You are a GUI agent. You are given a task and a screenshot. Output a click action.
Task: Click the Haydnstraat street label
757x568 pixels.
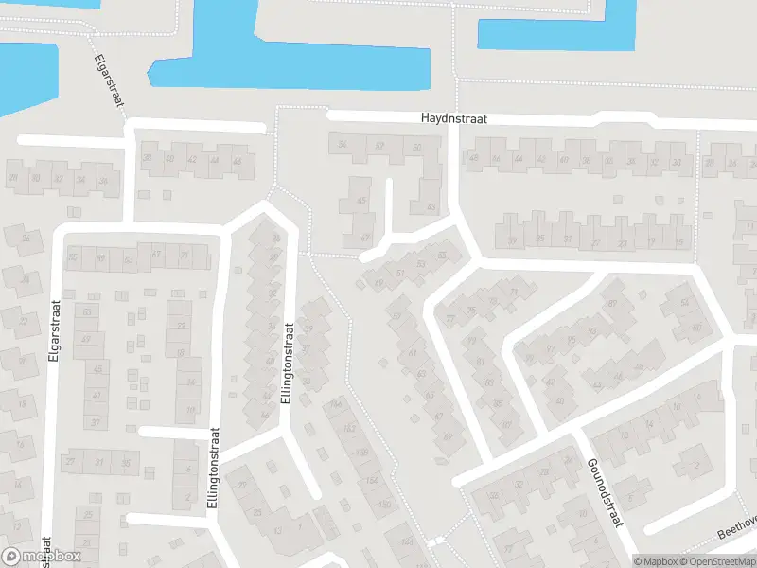(x=453, y=119)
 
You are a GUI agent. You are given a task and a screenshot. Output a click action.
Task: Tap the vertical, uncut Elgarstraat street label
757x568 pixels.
(x=56, y=342)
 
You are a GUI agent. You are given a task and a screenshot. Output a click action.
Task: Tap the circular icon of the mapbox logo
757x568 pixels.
(x=11, y=557)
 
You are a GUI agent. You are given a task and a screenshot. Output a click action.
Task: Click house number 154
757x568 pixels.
(x=372, y=482)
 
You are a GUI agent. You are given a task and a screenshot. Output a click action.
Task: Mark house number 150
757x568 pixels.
(x=383, y=505)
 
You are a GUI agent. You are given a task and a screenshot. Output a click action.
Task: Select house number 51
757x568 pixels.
(x=400, y=275)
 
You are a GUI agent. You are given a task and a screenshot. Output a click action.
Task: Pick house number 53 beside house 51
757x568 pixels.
(x=420, y=264)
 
